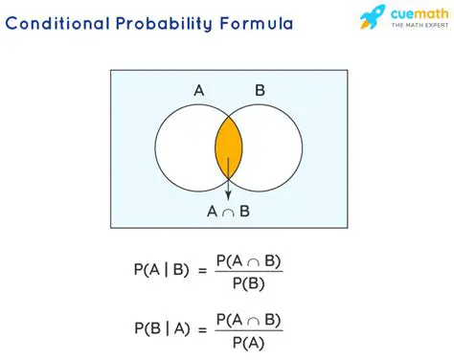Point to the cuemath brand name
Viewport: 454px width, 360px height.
click(x=415, y=14)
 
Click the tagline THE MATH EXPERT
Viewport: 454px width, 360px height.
click(x=415, y=29)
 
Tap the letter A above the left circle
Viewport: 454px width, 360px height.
click(x=198, y=91)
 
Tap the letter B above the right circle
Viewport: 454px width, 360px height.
click(x=260, y=91)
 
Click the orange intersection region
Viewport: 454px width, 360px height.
click(x=228, y=146)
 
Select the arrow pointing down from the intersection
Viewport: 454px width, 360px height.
click(x=228, y=182)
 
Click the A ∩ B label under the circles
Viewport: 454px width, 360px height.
click(x=228, y=212)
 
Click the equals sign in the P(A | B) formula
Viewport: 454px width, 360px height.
click(x=203, y=271)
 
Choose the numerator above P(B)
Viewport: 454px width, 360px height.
click(x=250, y=259)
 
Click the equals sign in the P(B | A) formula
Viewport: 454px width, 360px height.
click(x=203, y=330)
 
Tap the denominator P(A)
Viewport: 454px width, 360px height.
click(x=250, y=342)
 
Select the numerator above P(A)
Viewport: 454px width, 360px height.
click(x=250, y=319)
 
